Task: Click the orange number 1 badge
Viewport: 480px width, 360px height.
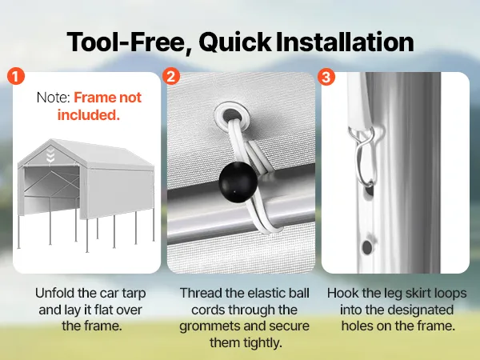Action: point(16,76)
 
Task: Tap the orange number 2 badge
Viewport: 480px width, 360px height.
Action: point(171,76)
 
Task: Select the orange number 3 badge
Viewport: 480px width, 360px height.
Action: point(326,77)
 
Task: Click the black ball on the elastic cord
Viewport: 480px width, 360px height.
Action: point(238,182)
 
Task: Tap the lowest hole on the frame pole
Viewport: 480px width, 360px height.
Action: point(366,247)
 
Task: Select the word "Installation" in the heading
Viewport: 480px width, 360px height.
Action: point(345,42)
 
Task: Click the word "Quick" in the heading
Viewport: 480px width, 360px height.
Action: point(234,42)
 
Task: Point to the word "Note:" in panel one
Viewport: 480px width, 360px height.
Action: point(54,98)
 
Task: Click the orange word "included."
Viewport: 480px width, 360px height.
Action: point(89,115)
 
